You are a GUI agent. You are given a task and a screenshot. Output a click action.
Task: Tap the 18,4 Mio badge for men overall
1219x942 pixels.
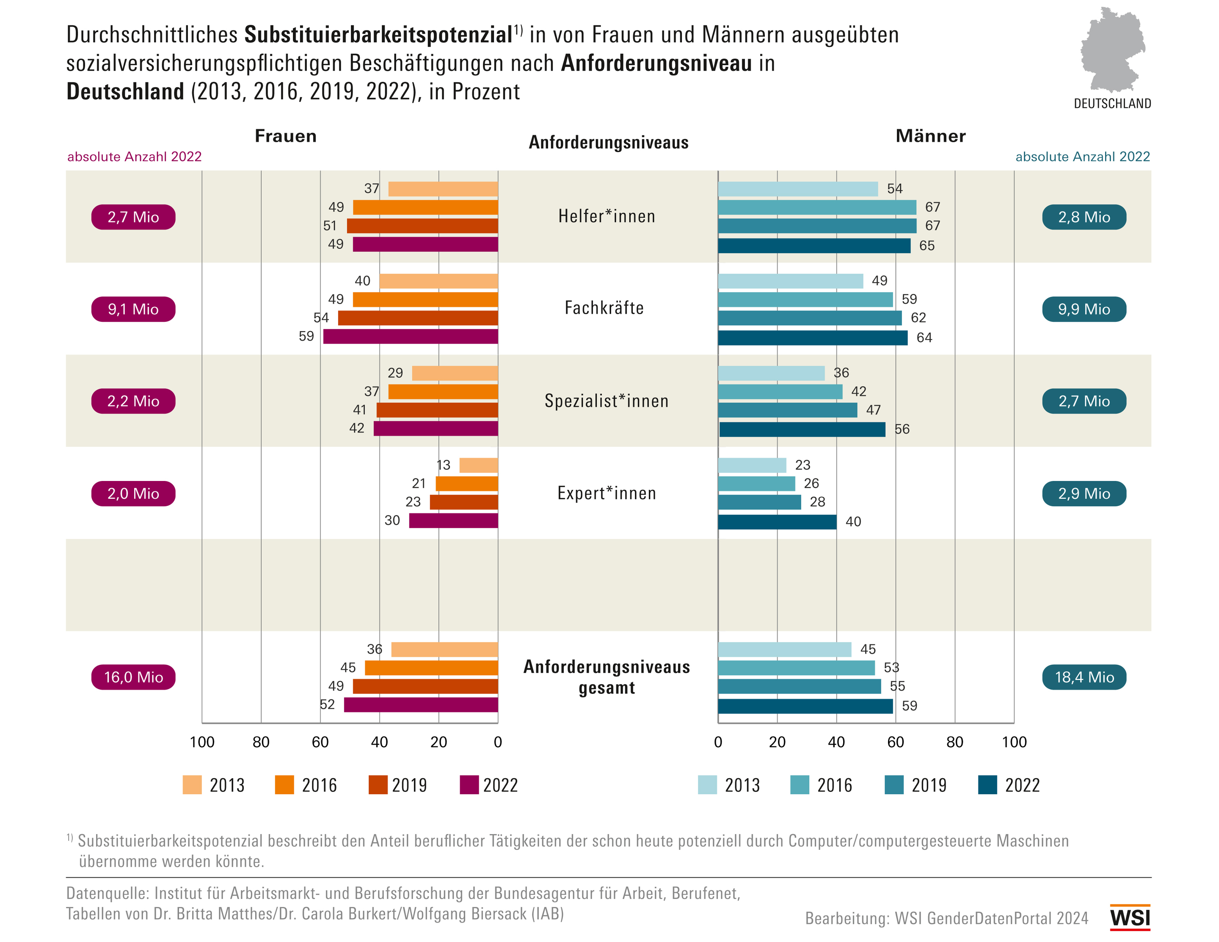click(1084, 677)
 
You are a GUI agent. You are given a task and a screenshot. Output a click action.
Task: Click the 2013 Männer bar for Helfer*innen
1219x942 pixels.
click(797, 189)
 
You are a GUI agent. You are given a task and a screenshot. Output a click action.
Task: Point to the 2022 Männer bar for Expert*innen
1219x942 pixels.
click(777, 522)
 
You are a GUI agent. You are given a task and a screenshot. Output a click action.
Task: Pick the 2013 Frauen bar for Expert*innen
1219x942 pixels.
click(478, 465)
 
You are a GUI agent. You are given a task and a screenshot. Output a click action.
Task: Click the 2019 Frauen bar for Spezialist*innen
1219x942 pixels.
click(437, 410)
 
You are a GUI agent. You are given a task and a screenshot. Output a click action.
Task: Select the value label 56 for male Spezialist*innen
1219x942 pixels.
click(902, 429)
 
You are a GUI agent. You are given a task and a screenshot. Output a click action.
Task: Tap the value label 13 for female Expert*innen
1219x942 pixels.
click(443, 465)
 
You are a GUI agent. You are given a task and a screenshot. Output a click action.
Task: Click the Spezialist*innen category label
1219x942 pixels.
click(607, 401)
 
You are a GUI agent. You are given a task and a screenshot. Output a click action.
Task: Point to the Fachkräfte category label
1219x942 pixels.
click(604, 308)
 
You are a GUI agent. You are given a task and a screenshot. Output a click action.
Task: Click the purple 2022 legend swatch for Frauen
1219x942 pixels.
click(469, 785)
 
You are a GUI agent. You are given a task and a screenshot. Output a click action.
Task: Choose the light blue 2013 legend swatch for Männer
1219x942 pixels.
click(707, 785)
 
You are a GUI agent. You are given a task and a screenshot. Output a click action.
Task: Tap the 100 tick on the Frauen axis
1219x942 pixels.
click(201, 742)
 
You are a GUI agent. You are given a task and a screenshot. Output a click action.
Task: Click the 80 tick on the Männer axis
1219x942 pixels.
click(954, 742)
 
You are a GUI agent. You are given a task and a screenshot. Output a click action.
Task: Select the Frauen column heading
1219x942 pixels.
click(285, 136)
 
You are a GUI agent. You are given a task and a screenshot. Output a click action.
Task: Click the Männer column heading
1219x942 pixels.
click(930, 136)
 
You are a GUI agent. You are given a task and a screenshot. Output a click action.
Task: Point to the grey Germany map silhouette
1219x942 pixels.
click(1112, 50)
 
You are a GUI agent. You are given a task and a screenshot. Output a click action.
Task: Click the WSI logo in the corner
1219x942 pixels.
click(1130, 917)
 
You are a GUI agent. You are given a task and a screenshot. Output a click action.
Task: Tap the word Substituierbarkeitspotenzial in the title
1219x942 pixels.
click(378, 35)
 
